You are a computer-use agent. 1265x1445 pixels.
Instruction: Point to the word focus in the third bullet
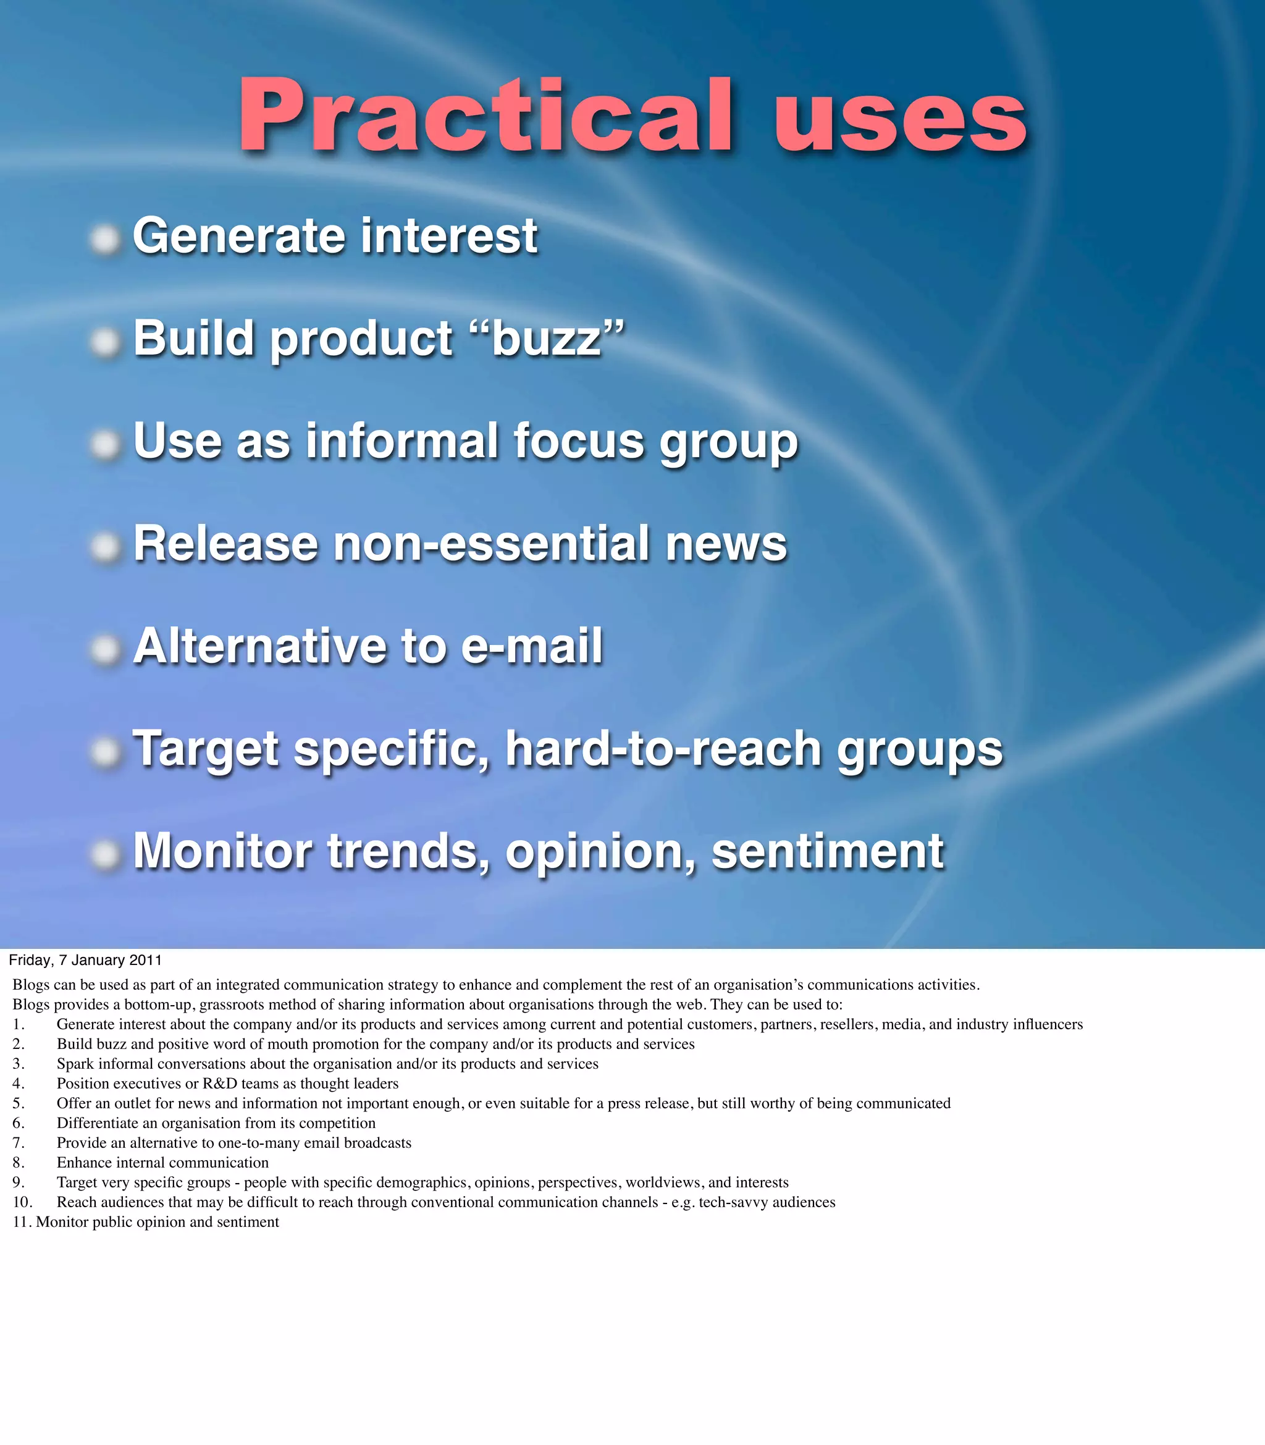pos(579,441)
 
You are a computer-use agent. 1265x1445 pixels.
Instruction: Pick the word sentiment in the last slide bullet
pos(827,851)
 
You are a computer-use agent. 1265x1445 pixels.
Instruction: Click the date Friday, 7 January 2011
pos(85,960)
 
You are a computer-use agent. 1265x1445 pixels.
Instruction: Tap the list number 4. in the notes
pos(19,1084)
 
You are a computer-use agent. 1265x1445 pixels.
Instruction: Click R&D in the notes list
pos(219,1084)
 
